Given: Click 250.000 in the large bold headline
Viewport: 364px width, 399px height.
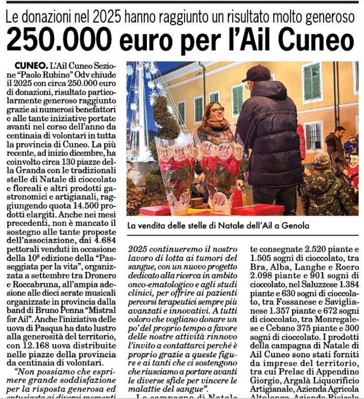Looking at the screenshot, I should (59, 40).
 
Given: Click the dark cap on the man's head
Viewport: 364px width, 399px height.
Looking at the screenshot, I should (256, 73).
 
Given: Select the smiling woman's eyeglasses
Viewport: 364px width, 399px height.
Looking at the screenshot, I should (217, 109).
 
